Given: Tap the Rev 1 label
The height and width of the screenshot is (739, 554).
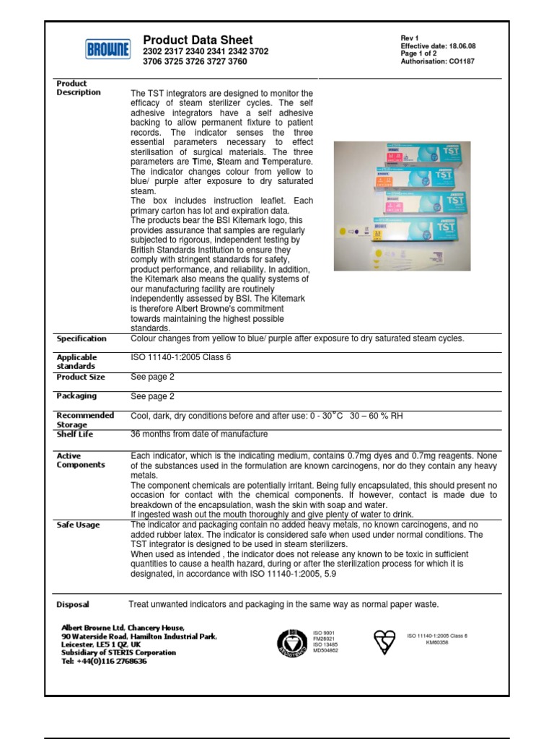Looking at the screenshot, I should click(x=410, y=38).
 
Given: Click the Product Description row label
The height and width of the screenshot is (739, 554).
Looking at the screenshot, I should click(x=79, y=88).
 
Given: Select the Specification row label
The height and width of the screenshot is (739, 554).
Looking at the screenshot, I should click(x=82, y=338).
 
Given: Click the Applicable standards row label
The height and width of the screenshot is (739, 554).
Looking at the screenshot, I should click(x=77, y=362).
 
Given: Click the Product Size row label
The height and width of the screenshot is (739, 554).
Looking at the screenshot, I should click(x=81, y=377).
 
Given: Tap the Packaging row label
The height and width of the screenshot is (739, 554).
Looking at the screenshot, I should click(x=76, y=396).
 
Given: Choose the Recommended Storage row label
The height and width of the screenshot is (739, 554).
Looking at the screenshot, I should click(x=85, y=420).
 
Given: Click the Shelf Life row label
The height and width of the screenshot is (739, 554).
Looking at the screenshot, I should click(x=75, y=434).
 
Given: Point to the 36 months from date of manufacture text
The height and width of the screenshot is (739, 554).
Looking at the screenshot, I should click(x=198, y=434).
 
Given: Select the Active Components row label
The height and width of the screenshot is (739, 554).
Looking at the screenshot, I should click(x=80, y=460).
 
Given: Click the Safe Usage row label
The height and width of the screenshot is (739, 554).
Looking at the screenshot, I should click(x=79, y=525).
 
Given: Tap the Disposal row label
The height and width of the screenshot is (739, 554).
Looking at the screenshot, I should click(x=73, y=605).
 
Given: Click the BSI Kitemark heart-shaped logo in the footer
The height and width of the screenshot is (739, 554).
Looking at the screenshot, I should click(x=385, y=639).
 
